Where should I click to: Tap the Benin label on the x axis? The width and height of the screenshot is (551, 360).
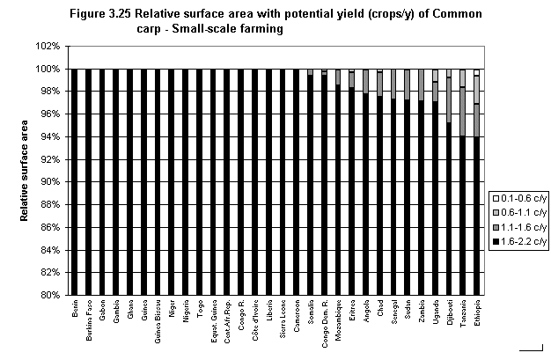[76, 314]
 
